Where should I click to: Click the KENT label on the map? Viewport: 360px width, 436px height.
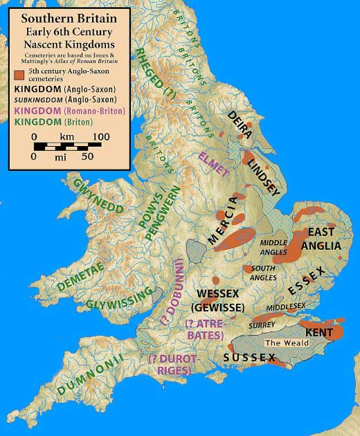click(319, 333)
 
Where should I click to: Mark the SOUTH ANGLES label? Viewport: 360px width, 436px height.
click(263, 272)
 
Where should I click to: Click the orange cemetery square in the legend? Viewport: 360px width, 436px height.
click(17, 75)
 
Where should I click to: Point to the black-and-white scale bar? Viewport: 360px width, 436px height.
click(69, 146)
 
